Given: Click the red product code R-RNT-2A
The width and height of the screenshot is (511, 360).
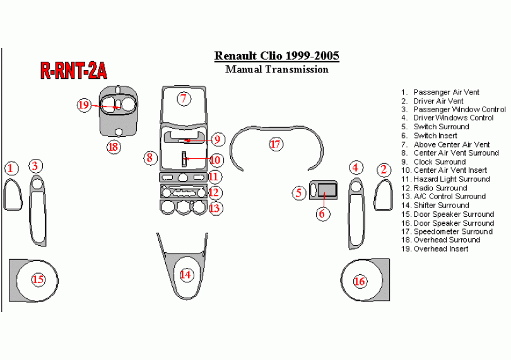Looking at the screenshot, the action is pos(74,70).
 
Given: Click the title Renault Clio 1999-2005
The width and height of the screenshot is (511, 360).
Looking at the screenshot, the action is pos(277,55).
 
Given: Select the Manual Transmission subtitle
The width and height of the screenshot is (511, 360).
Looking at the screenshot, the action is pos(277,69).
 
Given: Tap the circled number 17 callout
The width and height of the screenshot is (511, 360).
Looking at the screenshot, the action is pos(276,144).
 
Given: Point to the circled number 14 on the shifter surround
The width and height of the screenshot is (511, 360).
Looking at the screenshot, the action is pos(185,275).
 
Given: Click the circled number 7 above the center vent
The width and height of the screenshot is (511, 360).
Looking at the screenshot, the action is pos(184,98).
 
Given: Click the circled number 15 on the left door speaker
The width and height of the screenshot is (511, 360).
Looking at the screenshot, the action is pos(38,279).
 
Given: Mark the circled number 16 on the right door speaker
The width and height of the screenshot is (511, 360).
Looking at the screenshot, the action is pos(360,281).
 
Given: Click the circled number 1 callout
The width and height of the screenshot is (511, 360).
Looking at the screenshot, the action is pos(11,168).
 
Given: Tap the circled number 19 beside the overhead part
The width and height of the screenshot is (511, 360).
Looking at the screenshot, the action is pos(83,105).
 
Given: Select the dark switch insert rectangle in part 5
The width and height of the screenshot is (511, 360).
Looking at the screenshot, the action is pos(327,189).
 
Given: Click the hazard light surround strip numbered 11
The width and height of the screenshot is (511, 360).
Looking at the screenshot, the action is pos(183,177).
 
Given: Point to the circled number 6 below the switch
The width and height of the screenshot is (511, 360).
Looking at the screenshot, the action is pos(322,214).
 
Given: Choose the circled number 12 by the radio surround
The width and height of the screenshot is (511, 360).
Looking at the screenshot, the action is pos(214,192).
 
